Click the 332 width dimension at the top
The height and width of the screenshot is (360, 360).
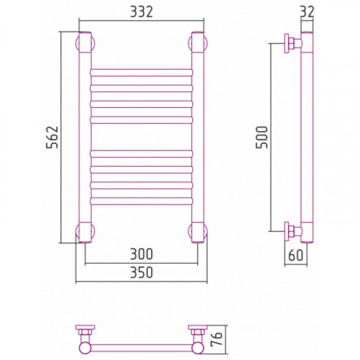[141, 12]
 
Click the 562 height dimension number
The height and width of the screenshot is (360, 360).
[53, 137]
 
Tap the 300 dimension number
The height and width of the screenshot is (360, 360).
[141, 254]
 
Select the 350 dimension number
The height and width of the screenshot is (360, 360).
[141, 273]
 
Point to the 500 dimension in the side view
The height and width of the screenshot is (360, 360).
[262, 138]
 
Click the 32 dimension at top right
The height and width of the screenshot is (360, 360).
[307, 12]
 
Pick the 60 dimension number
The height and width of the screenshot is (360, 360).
[296, 255]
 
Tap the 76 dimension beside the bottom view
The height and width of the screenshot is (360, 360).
[217, 339]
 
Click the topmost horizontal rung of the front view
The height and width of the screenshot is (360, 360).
[142, 73]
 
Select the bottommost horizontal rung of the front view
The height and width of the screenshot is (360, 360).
[142, 201]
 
